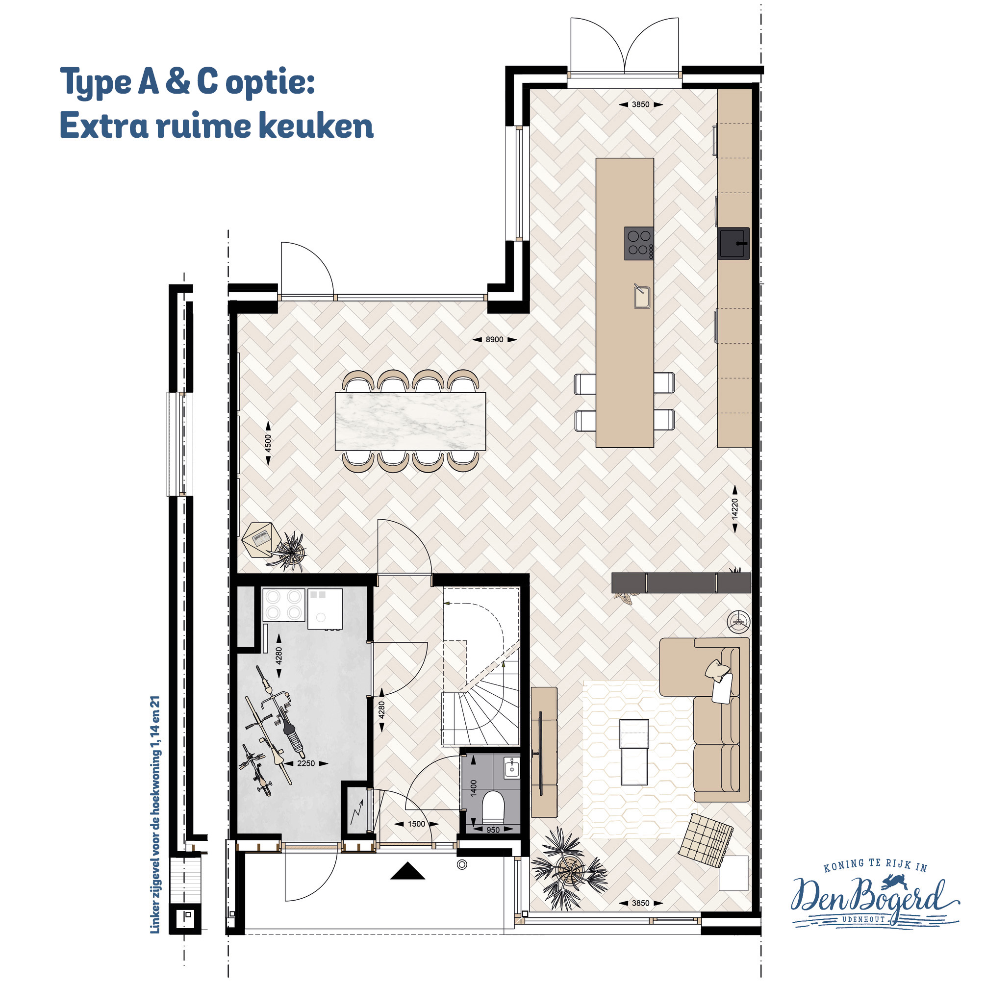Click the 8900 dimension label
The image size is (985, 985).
(494, 340)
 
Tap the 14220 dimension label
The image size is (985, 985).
(734, 509)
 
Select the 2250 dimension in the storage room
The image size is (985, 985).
(306, 763)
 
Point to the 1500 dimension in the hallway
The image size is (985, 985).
(417, 824)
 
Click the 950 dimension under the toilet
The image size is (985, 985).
(493, 830)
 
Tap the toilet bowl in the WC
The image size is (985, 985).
(493, 805)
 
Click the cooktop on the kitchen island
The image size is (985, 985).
(639, 243)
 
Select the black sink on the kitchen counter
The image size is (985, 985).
(734, 243)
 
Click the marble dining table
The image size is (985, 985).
(410, 421)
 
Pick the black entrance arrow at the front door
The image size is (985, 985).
(407, 871)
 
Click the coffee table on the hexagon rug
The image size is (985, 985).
(634, 752)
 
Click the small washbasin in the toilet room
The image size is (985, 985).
(511, 768)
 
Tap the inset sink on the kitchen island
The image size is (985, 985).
(641, 297)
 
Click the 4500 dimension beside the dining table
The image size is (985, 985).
(268, 443)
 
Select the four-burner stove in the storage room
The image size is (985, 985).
(283, 605)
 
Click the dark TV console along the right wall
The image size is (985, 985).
(681, 583)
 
